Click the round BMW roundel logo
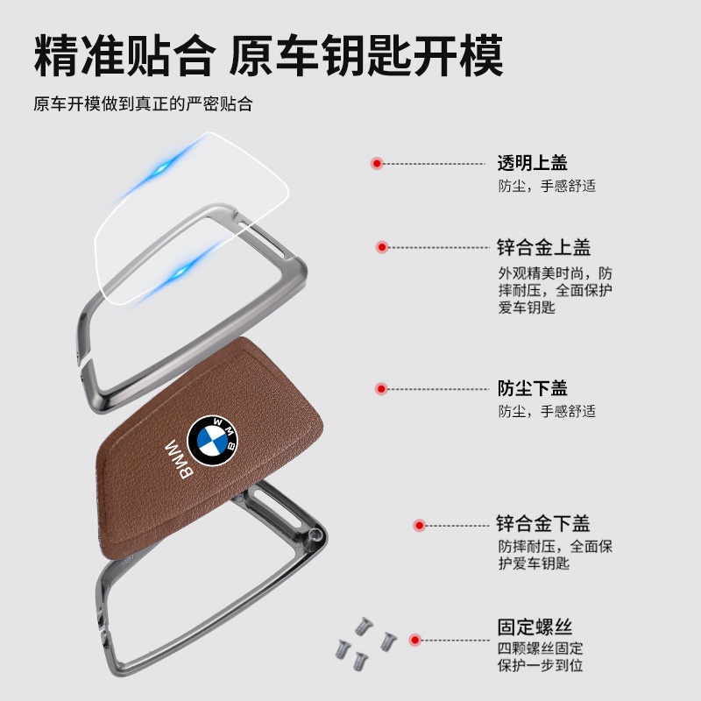tap(212, 441)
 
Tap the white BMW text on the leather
tap(180, 459)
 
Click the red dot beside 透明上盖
tap(377, 164)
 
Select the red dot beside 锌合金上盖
tap(381, 247)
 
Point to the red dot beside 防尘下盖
tap(381, 389)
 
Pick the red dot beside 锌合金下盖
tap(419, 525)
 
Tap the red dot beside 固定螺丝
tap(414, 641)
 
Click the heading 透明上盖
tap(533, 163)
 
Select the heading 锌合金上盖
tap(543, 247)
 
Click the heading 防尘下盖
tap(533, 388)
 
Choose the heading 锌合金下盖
tap(543, 523)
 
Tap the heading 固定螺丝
tap(535, 627)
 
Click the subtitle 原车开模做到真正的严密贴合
tap(143, 103)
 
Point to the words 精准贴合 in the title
tap(124, 56)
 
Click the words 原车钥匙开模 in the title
tap(366, 56)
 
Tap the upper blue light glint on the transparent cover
tap(160, 170)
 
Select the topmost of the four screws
tap(364, 626)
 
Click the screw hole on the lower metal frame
tap(316, 534)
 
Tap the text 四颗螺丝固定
tap(540, 648)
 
